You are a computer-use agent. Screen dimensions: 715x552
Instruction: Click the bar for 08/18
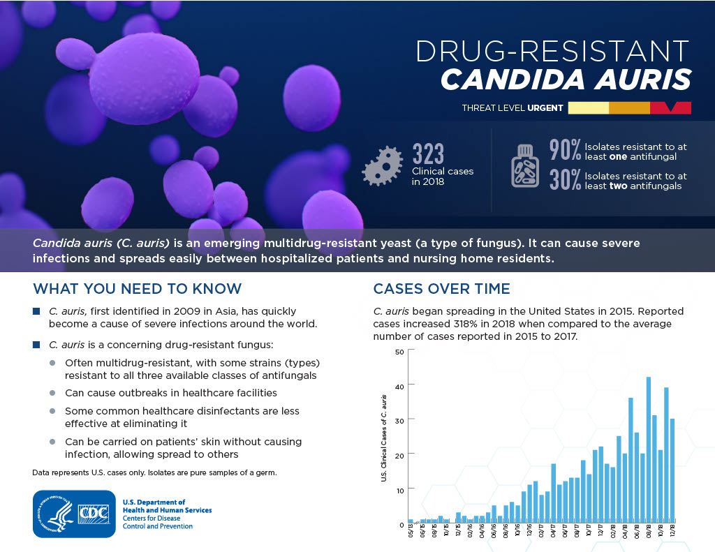coord(649,449)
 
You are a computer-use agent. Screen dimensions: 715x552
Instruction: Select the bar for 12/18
coord(672,470)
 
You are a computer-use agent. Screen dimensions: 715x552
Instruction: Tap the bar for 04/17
coord(553,493)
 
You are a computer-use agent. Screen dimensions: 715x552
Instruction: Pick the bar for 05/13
coord(411,521)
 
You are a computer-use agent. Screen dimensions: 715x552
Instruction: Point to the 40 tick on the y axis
coord(399,387)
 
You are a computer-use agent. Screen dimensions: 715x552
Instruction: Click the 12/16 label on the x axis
coord(529,531)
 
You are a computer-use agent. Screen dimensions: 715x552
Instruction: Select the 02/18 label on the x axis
coord(613,531)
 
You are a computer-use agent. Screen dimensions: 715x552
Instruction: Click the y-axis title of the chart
coord(383,438)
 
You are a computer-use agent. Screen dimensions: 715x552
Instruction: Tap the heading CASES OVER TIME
coord(441,288)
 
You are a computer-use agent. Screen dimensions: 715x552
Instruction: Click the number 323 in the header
coord(428,154)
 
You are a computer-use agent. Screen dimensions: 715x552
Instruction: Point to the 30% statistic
coord(564,179)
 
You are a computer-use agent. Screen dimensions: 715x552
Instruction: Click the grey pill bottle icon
coord(525,166)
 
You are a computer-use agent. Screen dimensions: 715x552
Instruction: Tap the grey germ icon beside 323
coord(382,166)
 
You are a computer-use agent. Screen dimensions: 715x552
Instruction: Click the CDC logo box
coord(74,514)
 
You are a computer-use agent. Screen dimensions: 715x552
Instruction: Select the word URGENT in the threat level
coord(545,108)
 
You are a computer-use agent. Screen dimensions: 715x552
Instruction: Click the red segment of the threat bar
coord(670,108)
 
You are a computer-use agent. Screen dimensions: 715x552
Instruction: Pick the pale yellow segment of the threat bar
coord(588,108)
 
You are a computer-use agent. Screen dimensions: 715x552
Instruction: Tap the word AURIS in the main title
coord(642,80)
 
